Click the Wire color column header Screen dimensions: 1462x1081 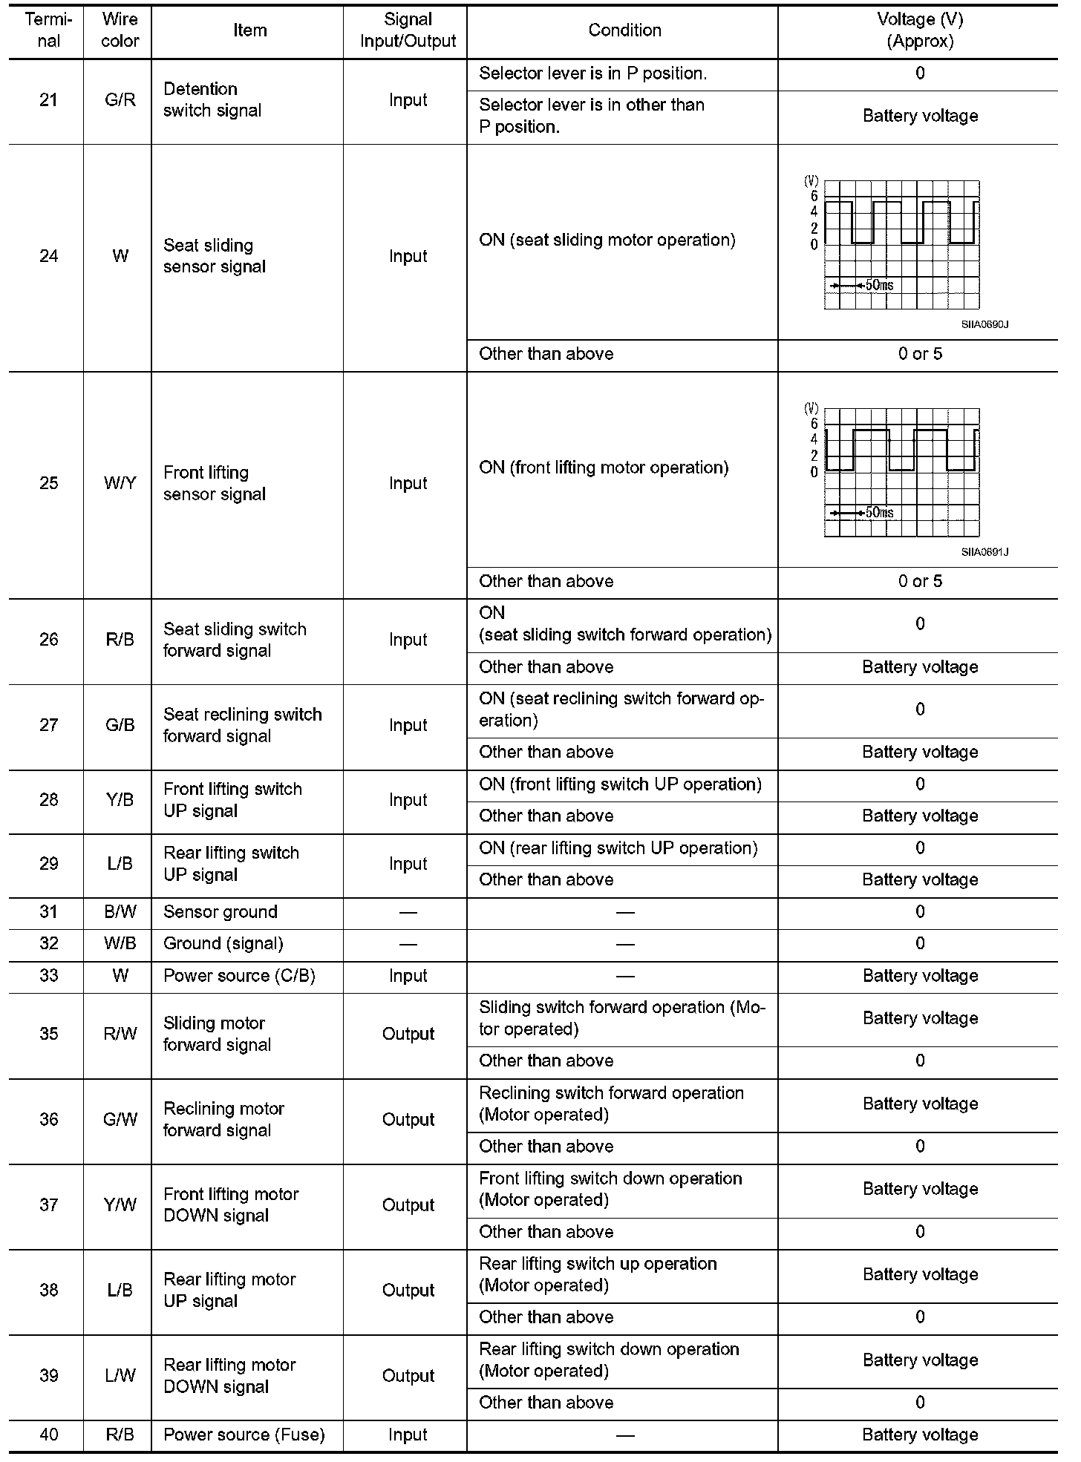tap(120, 30)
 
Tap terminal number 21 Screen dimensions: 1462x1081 tap(48, 100)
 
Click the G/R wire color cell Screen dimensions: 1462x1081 tap(120, 100)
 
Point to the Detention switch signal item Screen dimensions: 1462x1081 tap(212, 100)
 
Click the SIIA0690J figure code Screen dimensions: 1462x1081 tap(984, 324)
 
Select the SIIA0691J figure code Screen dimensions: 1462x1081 tap(984, 552)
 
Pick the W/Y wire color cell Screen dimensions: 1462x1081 tap(120, 483)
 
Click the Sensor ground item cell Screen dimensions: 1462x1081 tap(221, 912)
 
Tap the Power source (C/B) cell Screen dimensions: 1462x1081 tap(239, 976)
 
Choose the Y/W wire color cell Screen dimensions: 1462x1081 tap(120, 1204)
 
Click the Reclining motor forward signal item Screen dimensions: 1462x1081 tap(223, 1119)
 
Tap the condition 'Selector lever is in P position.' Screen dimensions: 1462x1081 tap(592, 73)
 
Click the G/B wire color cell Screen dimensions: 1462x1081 tap(120, 725)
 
